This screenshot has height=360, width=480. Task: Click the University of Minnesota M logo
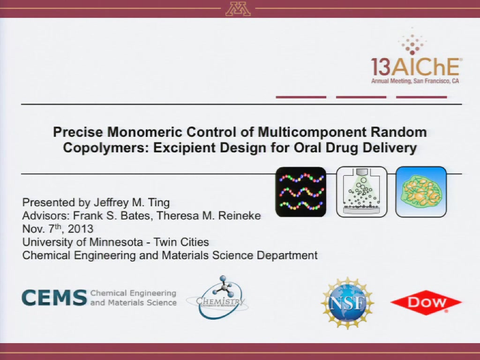point(238,9)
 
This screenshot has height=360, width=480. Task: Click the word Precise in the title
point(78,132)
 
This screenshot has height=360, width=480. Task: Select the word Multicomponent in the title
point(312,132)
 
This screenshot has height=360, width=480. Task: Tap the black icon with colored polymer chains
point(300,192)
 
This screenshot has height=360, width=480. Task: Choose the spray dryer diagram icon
point(361,192)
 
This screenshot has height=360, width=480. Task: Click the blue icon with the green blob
point(421,192)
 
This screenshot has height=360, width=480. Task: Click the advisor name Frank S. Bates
point(112,216)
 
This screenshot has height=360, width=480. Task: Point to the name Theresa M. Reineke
point(209,216)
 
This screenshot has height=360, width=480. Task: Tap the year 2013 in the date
point(81,229)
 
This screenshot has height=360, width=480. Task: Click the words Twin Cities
point(181,242)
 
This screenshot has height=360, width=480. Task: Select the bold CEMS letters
point(54,298)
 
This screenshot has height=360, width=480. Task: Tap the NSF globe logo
point(347,303)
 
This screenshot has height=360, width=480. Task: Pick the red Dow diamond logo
point(426,302)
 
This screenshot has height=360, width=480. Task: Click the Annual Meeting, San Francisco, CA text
point(415,81)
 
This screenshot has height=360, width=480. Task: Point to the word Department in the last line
point(287,255)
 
